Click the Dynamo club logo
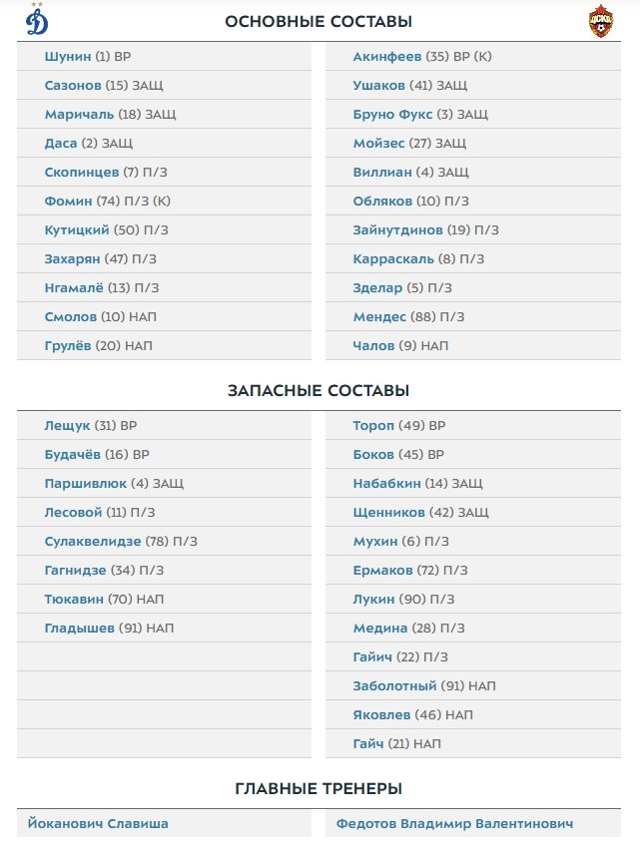click(x=37, y=20)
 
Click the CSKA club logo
click(x=600, y=21)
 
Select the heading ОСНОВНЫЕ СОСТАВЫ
click(x=319, y=21)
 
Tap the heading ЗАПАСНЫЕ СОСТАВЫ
click(x=319, y=390)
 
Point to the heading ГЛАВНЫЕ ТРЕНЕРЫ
click(x=319, y=788)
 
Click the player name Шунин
click(x=67, y=57)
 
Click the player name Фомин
click(x=68, y=201)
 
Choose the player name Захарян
click(x=73, y=258)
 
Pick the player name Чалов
click(x=374, y=345)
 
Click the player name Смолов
click(x=70, y=316)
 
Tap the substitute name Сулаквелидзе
click(x=93, y=542)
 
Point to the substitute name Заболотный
click(x=394, y=686)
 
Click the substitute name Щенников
click(x=388, y=513)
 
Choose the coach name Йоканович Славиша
click(x=98, y=824)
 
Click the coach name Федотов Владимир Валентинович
click(x=454, y=824)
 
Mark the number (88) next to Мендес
click(x=424, y=316)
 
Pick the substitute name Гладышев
click(x=79, y=629)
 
